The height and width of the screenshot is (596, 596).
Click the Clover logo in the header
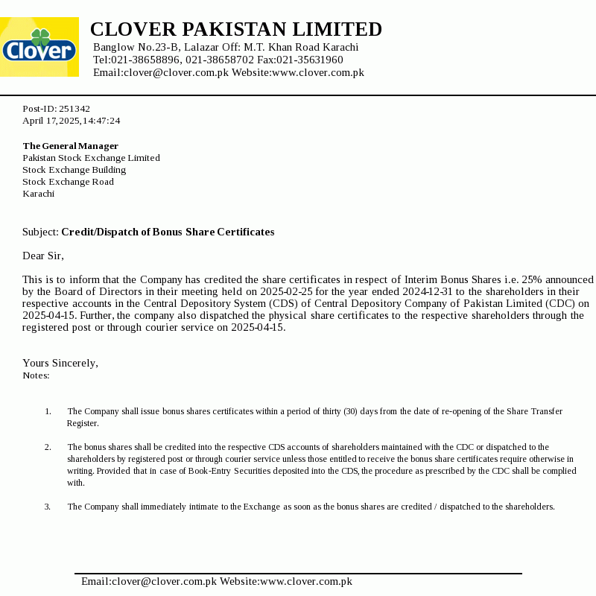(x=39, y=47)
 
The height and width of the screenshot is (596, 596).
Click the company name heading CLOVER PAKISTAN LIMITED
(x=235, y=30)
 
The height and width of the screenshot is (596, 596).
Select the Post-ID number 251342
(x=74, y=109)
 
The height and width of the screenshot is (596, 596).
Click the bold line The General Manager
(x=71, y=146)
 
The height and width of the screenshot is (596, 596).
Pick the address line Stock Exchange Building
(x=74, y=170)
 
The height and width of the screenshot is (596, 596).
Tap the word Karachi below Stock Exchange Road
(x=39, y=194)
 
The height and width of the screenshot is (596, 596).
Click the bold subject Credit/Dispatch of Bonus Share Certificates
(x=168, y=232)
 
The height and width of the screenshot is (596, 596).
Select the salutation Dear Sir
(x=43, y=256)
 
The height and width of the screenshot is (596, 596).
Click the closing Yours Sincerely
(x=60, y=364)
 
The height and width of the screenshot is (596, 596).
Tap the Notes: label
(x=37, y=375)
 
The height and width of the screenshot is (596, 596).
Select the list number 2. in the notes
(x=48, y=447)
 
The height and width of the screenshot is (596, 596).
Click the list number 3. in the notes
(x=48, y=507)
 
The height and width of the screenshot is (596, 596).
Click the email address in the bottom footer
(x=149, y=582)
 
